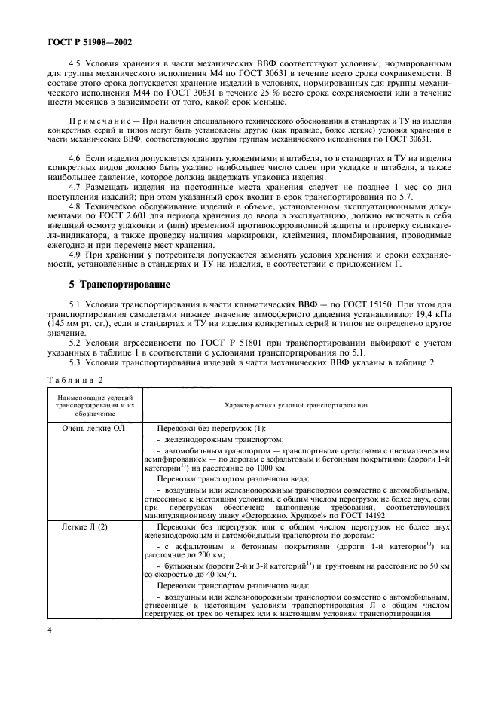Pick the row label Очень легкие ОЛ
94,428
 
